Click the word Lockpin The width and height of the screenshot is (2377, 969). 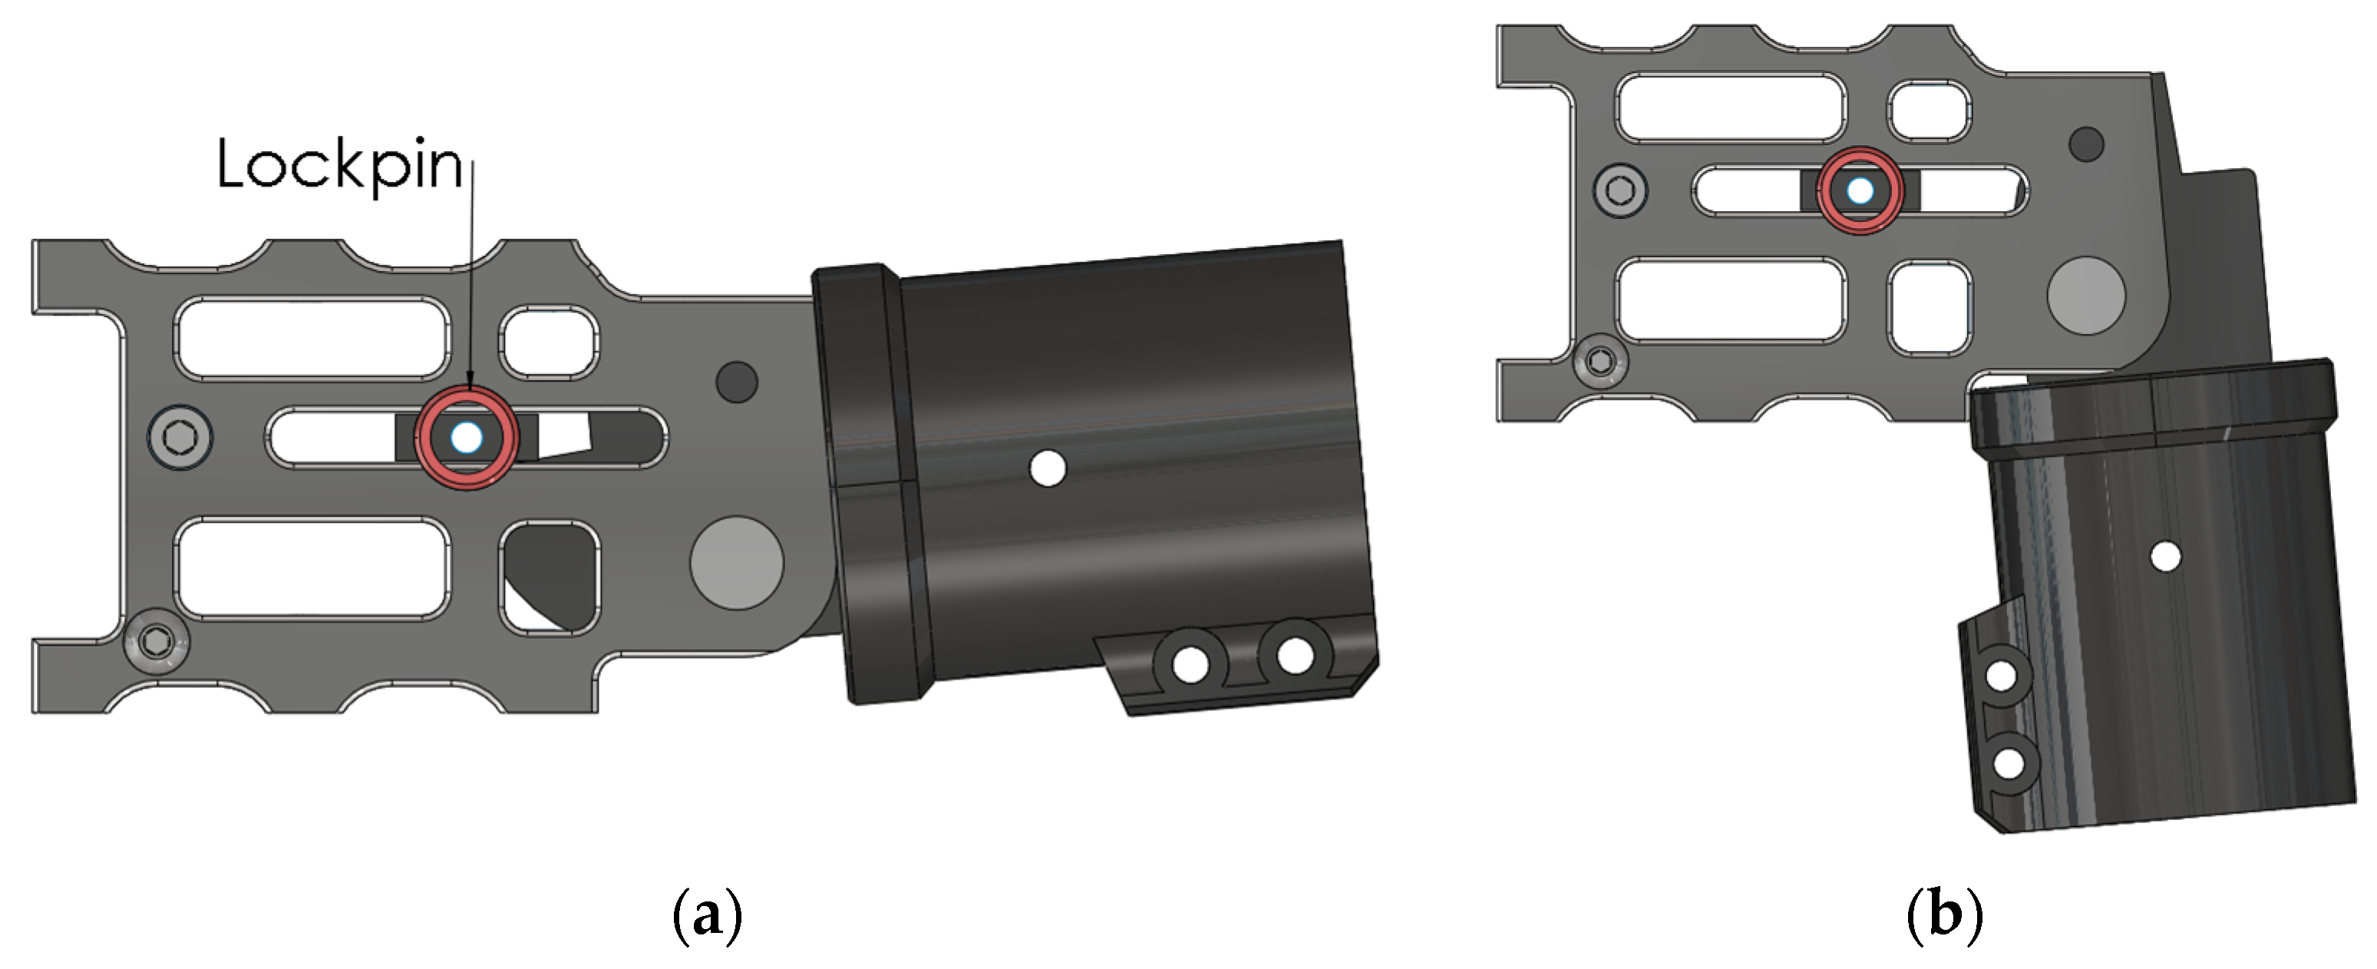[339, 166]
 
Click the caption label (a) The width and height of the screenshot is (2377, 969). [708, 915]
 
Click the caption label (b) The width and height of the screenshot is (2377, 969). [1944, 915]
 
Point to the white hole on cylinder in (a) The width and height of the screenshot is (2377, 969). [1048, 468]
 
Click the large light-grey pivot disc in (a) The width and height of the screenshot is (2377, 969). [736, 562]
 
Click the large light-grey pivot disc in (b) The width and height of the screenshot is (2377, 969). [2086, 296]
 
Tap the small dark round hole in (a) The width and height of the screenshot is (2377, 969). [736, 381]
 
